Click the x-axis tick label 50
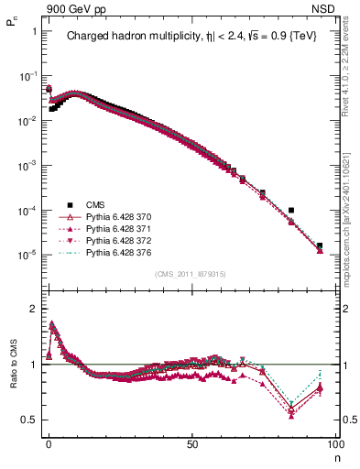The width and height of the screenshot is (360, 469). pyautogui.click(x=191, y=442)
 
